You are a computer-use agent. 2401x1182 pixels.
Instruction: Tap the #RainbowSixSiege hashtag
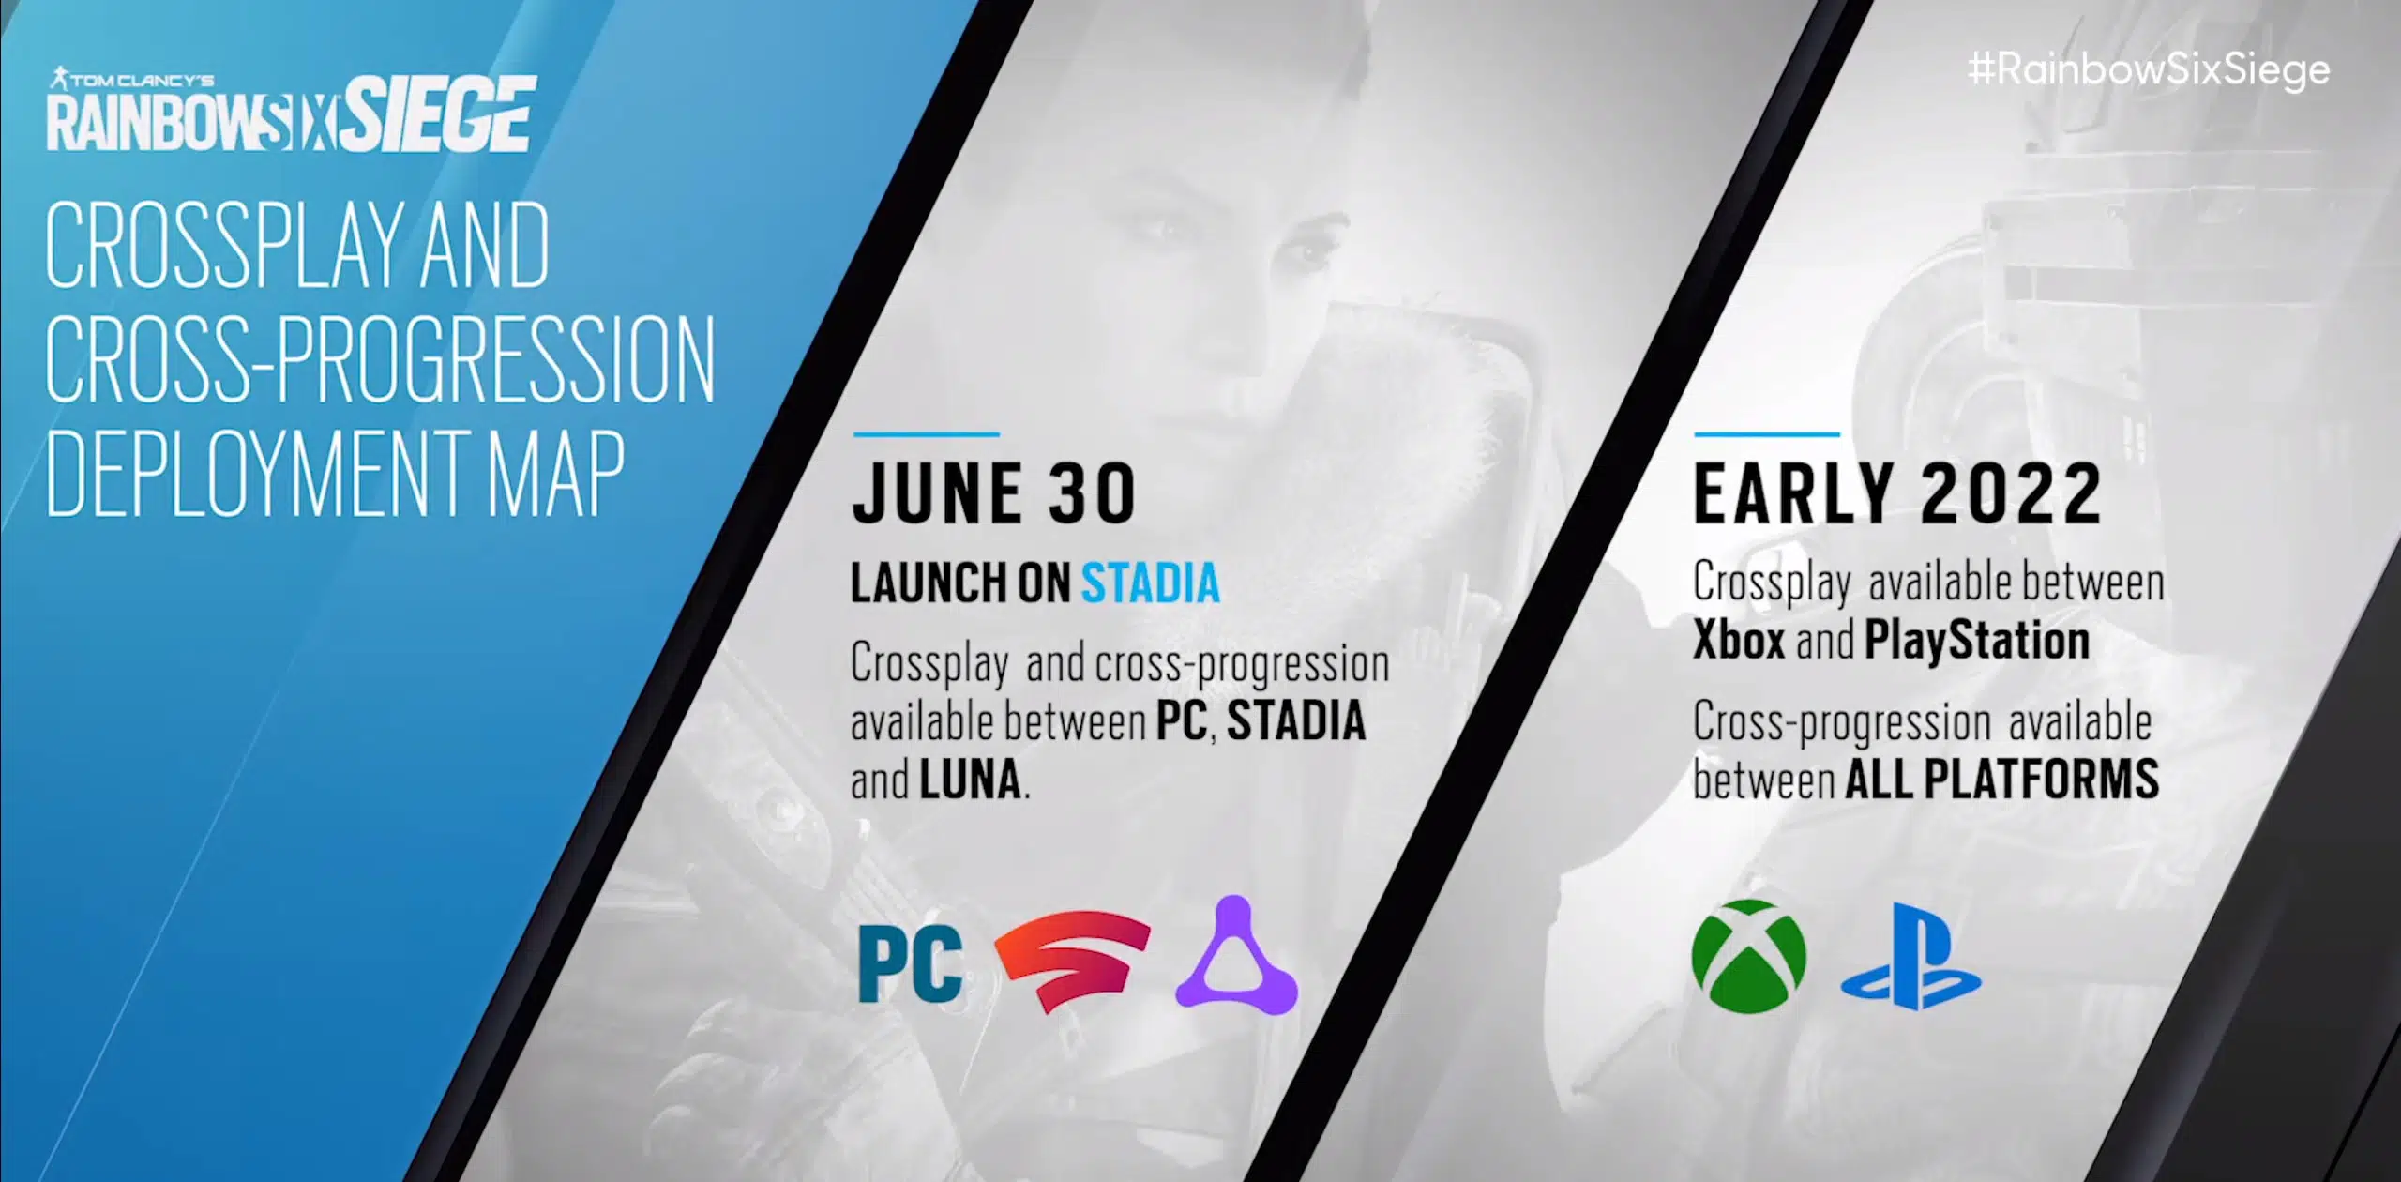coord(2149,70)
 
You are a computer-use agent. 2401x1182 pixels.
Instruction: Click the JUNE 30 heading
coord(994,493)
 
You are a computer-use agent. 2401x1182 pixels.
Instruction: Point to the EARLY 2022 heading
coord(1898,493)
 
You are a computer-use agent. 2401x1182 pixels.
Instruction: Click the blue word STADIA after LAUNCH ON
coord(1151,583)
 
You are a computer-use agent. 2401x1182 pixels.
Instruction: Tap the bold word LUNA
coord(970,780)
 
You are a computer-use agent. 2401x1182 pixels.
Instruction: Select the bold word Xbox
coord(1739,642)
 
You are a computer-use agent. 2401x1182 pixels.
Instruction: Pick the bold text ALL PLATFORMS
coord(2002,780)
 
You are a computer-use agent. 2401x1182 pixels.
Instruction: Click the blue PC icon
coord(911,964)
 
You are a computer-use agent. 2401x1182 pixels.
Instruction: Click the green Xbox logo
coord(1749,956)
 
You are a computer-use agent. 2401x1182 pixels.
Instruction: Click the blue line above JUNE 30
coord(927,434)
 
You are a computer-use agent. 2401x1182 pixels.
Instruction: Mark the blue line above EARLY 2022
coord(1767,434)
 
